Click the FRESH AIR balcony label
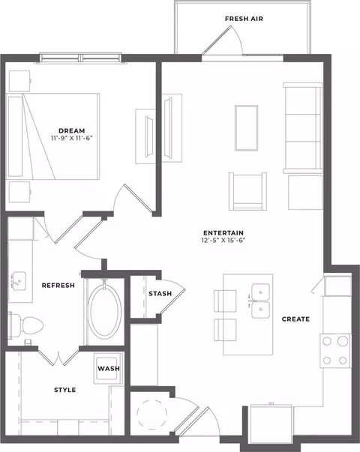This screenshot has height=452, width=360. click(x=244, y=19)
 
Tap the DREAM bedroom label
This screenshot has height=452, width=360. click(x=72, y=131)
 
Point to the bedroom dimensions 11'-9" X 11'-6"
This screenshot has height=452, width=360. click(x=72, y=139)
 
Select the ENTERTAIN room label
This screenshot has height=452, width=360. click(x=223, y=233)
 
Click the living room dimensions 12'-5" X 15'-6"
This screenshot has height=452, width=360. click(x=223, y=240)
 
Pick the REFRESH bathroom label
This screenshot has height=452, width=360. click(x=58, y=286)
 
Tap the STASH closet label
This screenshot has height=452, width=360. click(x=160, y=294)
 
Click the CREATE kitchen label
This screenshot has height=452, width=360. click(x=295, y=319)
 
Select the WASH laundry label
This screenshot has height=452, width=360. click(x=109, y=369)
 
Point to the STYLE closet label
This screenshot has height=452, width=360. click(x=65, y=390)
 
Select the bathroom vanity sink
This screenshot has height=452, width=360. click(x=19, y=281)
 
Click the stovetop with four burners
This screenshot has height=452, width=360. click(x=335, y=351)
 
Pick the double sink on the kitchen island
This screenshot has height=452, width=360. click(x=260, y=301)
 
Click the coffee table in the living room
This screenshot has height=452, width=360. click(x=246, y=128)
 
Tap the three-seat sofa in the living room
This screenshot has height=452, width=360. click(x=303, y=128)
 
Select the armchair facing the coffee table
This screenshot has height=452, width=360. click(x=247, y=191)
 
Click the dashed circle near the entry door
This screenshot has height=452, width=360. click(x=152, y=415)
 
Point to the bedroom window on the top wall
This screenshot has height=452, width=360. click(x=80, y=58)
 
